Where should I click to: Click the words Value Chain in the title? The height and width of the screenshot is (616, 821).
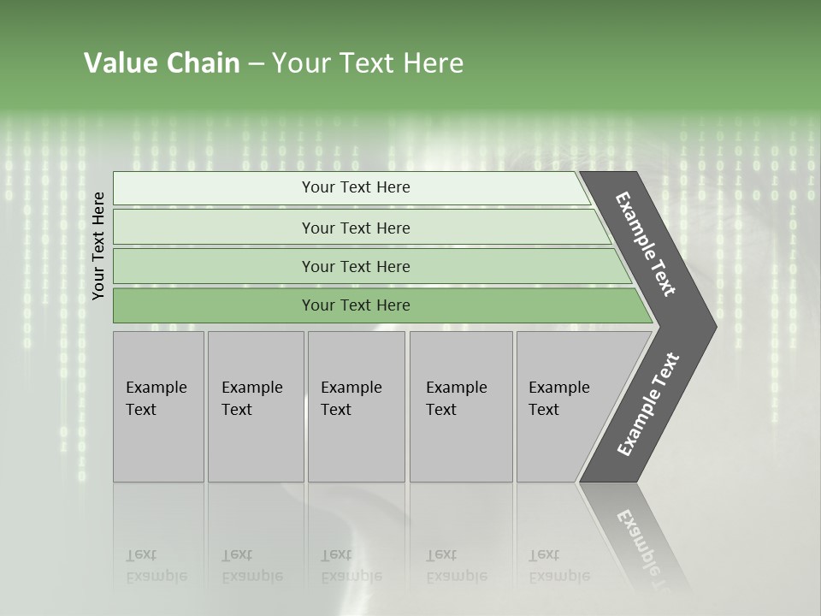point(162,63)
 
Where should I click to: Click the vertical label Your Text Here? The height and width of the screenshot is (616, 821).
point(98,246)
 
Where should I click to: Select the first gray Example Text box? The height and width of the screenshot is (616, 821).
point(158,406)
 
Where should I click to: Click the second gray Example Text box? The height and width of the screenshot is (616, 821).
point(256,406)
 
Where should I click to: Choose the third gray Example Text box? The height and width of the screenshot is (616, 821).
point(356,406)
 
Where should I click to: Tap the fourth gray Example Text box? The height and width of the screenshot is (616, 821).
point(461,406)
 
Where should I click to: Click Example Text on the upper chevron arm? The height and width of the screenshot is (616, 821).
point(646,244)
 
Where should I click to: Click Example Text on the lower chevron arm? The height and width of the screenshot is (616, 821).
point(648,405)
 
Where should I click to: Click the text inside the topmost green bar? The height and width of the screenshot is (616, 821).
point(356,187)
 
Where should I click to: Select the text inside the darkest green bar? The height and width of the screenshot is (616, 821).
point(356,305)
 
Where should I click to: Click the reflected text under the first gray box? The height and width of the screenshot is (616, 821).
point(155,566)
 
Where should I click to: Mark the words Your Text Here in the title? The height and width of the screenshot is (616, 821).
point(368,63)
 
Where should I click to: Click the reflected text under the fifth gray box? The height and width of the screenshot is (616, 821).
point(558,566)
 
